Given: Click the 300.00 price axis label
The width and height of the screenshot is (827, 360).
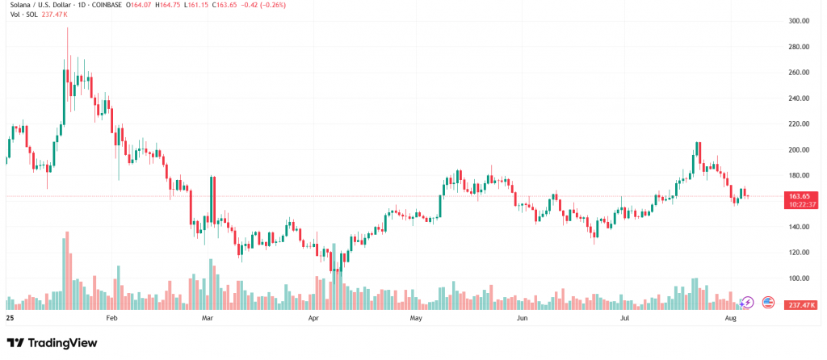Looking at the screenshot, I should pos(800,21).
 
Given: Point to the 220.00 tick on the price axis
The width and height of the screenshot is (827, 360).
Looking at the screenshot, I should pos(800,124).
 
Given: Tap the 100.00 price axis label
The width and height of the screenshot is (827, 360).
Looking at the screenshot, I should pos(800,278).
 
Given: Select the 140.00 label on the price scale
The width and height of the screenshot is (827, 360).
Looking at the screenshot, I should pos(800,227).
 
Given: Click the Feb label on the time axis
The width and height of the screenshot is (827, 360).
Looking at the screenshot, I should pos(111,320).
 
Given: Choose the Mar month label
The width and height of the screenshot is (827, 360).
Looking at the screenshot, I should pos(207,320).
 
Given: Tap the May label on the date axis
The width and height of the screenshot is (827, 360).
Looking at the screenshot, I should pos(416,320).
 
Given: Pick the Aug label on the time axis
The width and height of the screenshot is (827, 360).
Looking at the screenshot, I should pos(731,320).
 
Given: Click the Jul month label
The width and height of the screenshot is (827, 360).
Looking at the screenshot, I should pos(625,320).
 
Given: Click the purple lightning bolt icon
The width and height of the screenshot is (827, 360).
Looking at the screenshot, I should pos(747,302).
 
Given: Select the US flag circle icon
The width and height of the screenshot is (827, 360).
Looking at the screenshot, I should pos(767,302).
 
